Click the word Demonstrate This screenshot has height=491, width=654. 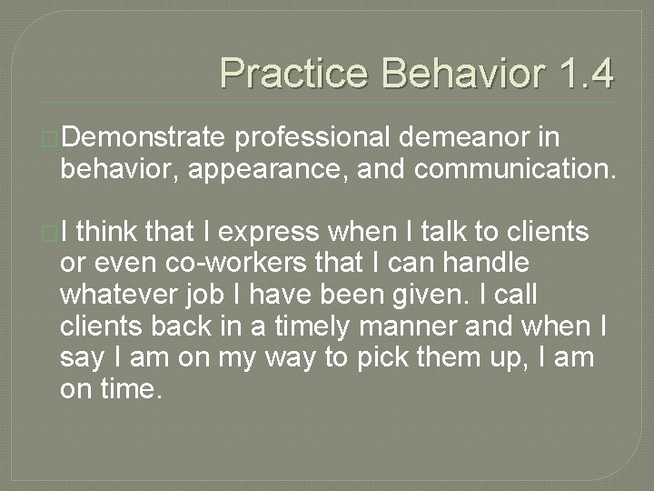pyautogui.click(x=144, y=137)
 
